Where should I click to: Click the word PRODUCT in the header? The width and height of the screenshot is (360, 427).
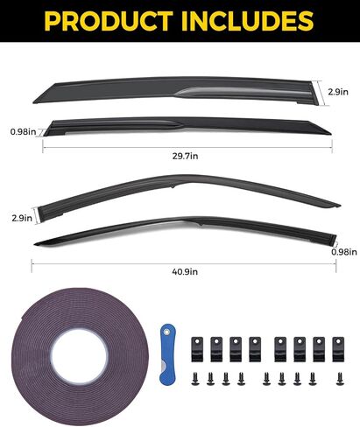(x=109, y=21)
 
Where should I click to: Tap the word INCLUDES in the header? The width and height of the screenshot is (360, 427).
(x=248, y=21)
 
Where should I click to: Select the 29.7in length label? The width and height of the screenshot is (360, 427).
(x=185, y=156)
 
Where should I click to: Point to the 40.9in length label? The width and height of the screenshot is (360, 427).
(x=185, y=272)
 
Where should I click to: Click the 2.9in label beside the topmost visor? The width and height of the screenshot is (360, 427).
(x=338, y=92)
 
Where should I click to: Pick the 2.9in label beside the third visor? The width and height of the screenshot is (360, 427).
(x=22, y=218)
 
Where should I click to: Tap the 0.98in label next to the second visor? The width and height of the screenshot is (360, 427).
(x=23, y=131)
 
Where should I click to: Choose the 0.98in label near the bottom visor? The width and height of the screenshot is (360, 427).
(x=344, y=252)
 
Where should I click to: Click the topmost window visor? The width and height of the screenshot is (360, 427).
(x=175, y=87)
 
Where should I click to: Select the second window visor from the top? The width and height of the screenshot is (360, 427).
(x=187, y=125)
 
